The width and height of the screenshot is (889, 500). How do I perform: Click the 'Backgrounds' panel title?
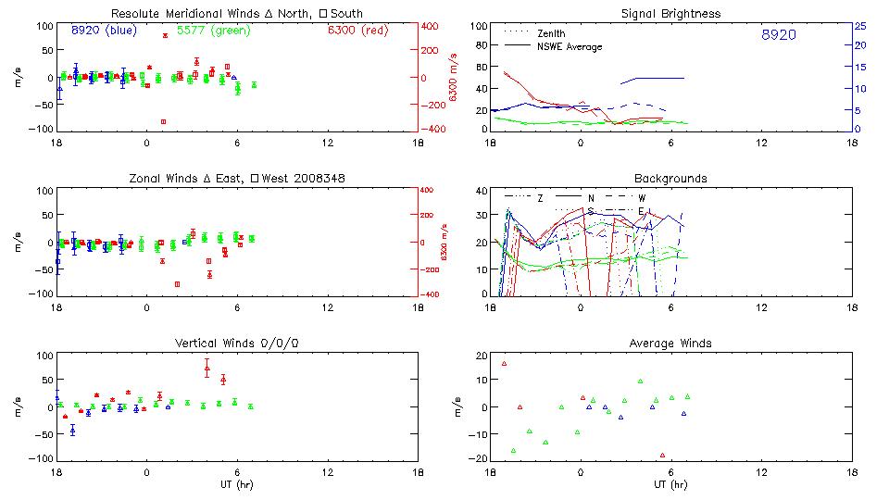(670, 178)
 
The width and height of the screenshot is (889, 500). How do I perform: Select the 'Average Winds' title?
(670, 343)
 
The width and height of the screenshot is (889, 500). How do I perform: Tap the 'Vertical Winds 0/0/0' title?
(237, 343)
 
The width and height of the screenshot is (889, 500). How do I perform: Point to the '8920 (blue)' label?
(104, 30)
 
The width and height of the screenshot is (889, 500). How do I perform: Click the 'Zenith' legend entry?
(552, 33)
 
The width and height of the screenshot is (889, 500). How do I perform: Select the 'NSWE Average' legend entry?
(570, 46)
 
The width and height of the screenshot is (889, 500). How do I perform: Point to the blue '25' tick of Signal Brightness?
(860, 26)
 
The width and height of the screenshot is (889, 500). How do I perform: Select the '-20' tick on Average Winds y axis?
(479, 459)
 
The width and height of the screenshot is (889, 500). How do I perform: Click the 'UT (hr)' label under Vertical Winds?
(237, 483)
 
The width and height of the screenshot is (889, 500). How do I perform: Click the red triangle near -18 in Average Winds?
(662, 455)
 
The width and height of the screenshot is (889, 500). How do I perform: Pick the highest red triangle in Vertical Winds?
(207, 368)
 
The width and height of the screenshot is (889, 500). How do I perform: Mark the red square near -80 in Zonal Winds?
(177, 284)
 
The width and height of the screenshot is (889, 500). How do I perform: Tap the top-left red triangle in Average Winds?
(504, 363)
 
